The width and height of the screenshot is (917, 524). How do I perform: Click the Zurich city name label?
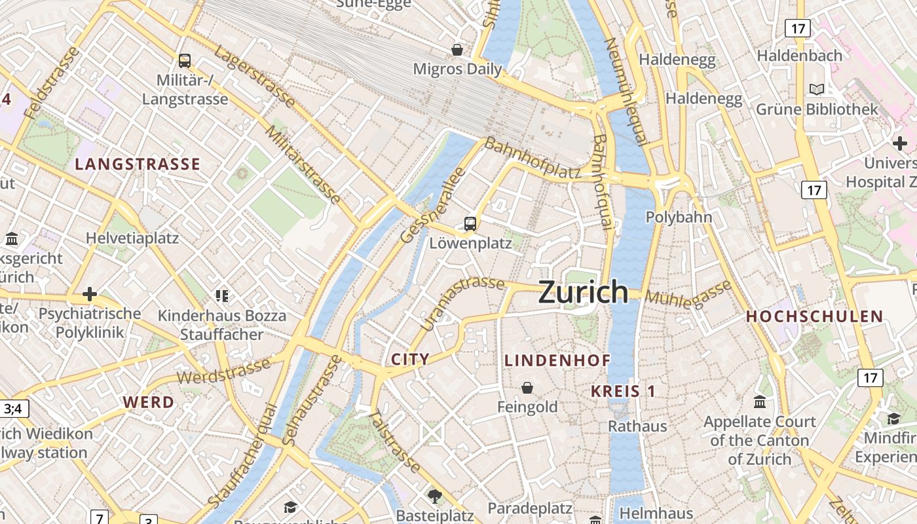coord(583,292)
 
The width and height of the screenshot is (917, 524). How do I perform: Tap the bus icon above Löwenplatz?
coord(470,224)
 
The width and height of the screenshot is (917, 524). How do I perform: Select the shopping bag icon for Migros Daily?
coord(457,50)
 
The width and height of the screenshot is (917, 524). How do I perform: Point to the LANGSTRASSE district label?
coord(138,164)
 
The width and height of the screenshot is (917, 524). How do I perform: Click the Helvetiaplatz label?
coord(132,238)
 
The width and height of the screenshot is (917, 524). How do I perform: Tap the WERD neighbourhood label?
coord(149,402)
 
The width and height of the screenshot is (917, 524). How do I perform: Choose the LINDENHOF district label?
coord(557,360)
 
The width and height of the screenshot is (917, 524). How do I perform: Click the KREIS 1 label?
coord(623,391)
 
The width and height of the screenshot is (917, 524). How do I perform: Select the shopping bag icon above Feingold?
coord(527,388)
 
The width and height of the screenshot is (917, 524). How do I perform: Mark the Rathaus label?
coord(637,426)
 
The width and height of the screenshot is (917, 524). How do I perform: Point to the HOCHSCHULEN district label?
coord(815,316)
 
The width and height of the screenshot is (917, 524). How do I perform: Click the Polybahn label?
coord(679,217)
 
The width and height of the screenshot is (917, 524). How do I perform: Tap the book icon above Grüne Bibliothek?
coord(817,89)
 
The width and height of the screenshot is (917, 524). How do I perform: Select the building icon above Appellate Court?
coord(760,402)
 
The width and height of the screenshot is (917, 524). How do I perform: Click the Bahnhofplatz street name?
coord(533,159)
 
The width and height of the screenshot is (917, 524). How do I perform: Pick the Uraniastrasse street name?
coord(462,303)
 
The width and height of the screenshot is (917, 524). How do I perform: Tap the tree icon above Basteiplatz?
coord(434,495)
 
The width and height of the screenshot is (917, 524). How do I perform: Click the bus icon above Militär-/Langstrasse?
coord(185,61)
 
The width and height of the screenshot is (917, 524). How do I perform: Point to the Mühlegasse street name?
coord(688,293)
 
